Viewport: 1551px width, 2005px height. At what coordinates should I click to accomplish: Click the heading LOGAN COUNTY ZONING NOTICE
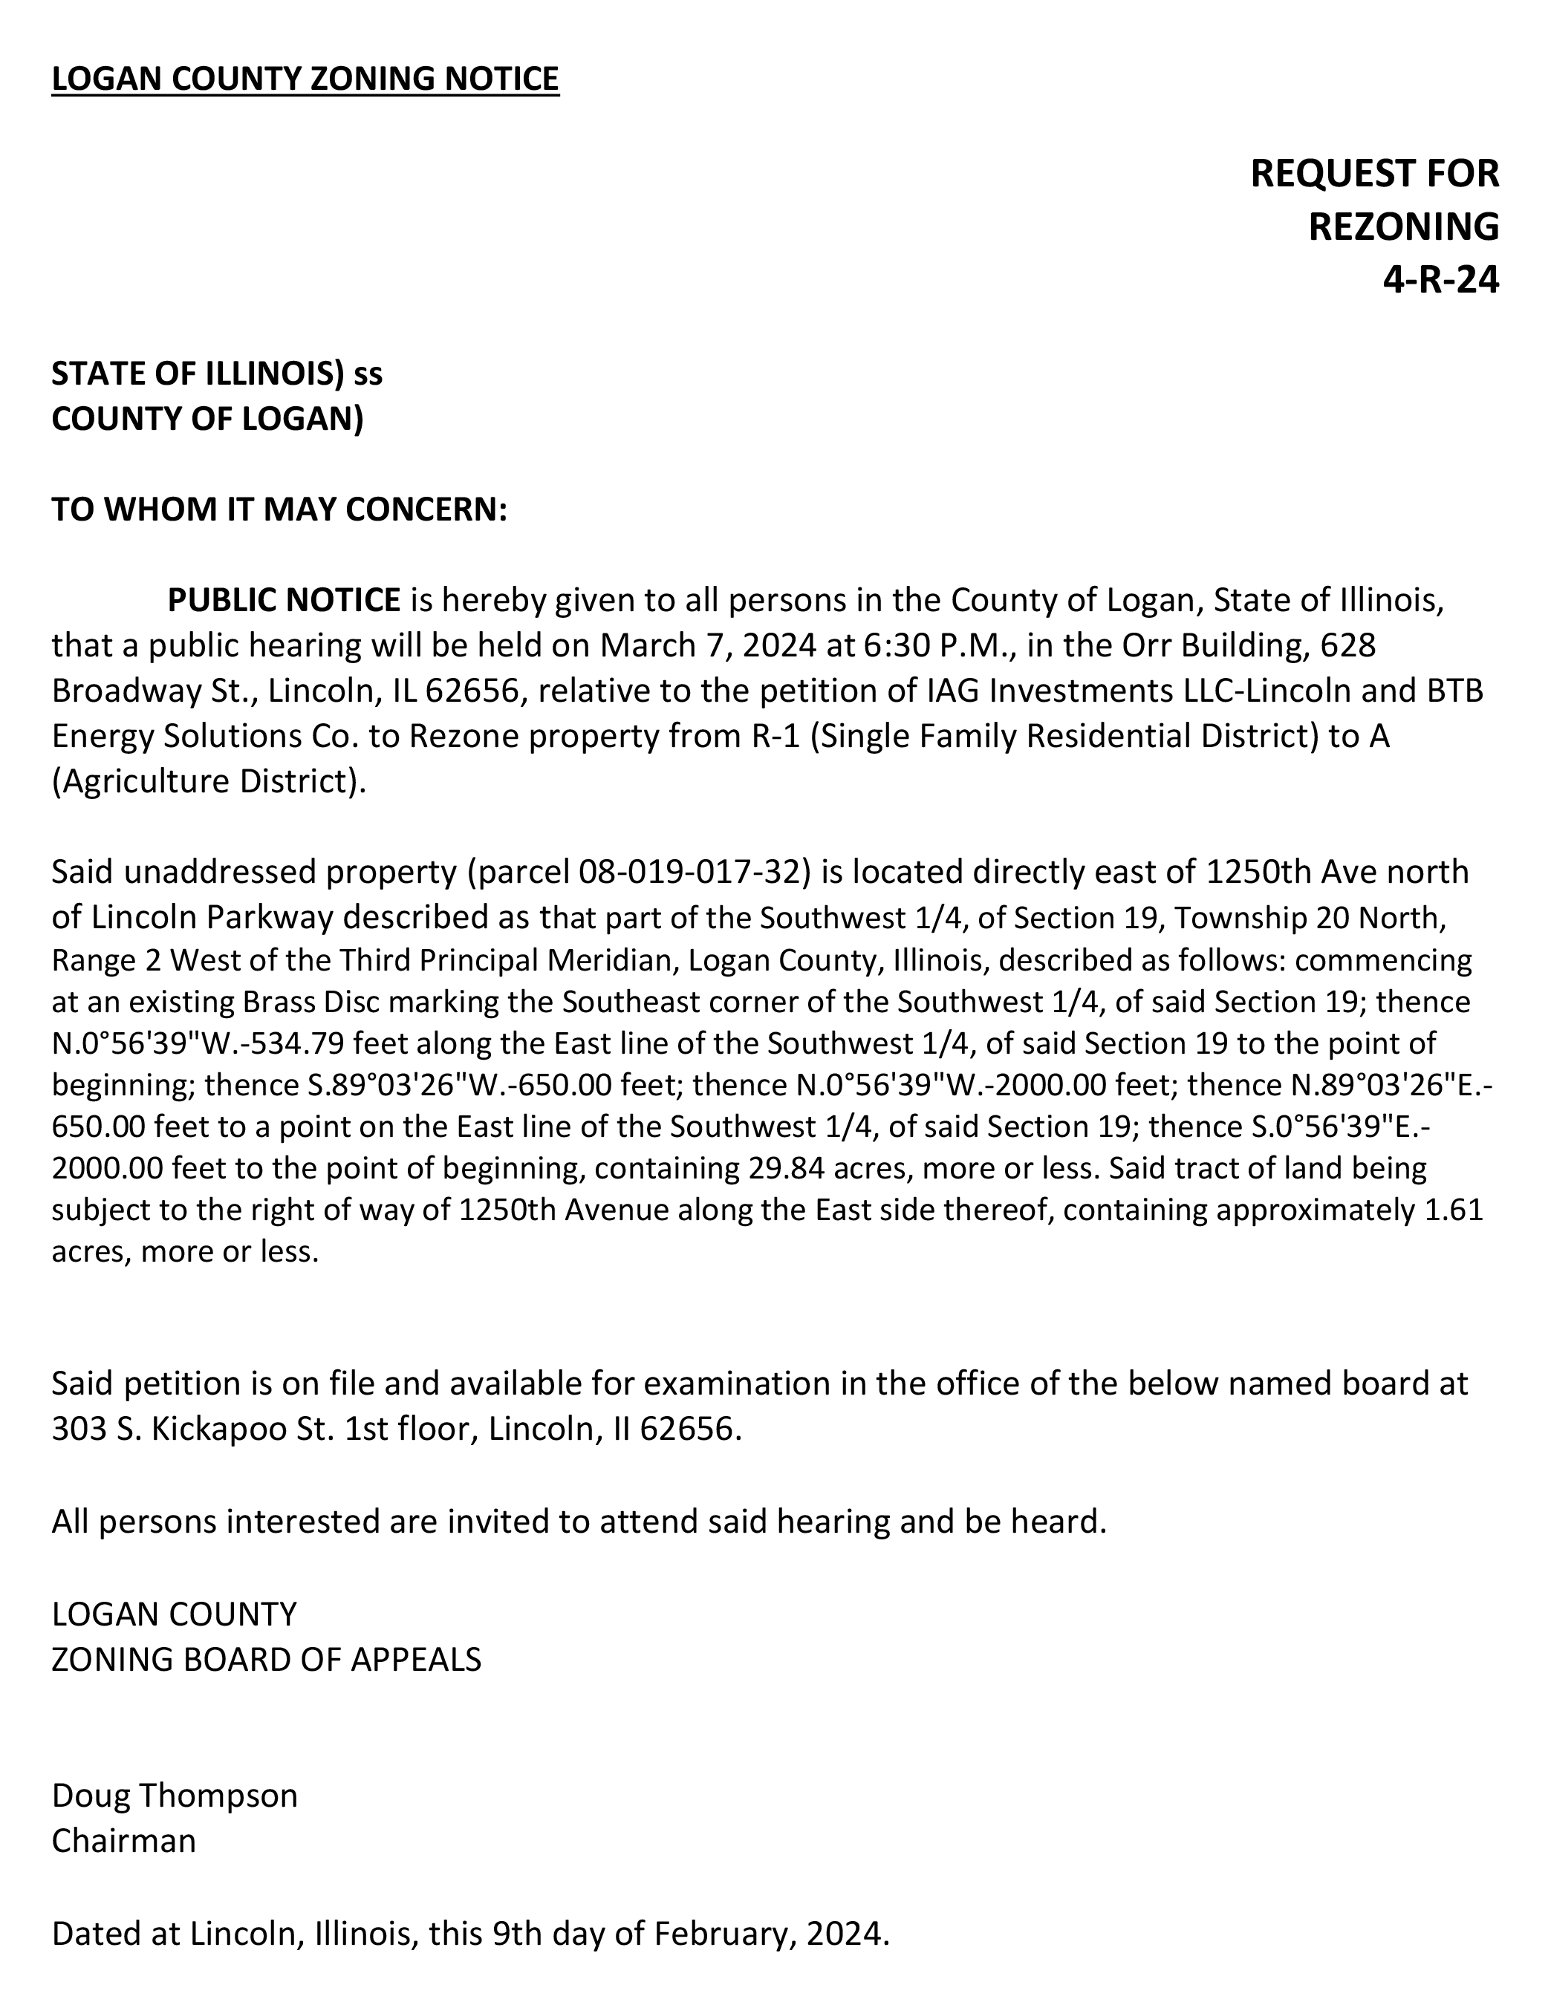pos(305,79)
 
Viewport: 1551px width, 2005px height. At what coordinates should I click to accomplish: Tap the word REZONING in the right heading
pos(1403,226)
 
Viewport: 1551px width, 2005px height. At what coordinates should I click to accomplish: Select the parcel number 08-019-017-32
pos(692,870)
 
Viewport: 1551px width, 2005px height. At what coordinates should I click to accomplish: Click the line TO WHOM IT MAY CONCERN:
pos(279,509)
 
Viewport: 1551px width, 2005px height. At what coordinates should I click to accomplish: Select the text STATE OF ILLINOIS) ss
pos(217,374)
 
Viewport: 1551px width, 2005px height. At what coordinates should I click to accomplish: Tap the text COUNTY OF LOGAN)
pos(207,419)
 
